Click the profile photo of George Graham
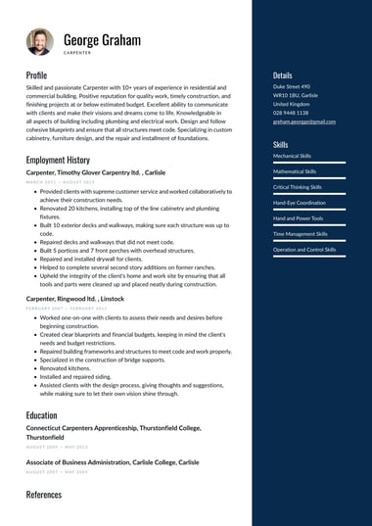pos(40,41)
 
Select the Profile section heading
pos(36,74)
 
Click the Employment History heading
pos(58,160)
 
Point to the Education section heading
pos(41,415)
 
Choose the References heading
pos(43,495)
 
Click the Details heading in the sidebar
pos(283,74)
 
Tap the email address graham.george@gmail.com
pos(304,121)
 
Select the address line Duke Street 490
pos(292,86)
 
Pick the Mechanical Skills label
pos(293,156)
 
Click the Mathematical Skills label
pos(295,171)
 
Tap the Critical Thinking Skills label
pos(298,187)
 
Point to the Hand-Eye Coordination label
pos(300,203)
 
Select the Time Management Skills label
pos(301,234)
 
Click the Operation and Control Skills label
pos(304,250)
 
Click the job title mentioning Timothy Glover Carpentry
pos(95,172)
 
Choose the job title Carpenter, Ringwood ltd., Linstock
pos(74,298)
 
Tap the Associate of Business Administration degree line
pos(112,462)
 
